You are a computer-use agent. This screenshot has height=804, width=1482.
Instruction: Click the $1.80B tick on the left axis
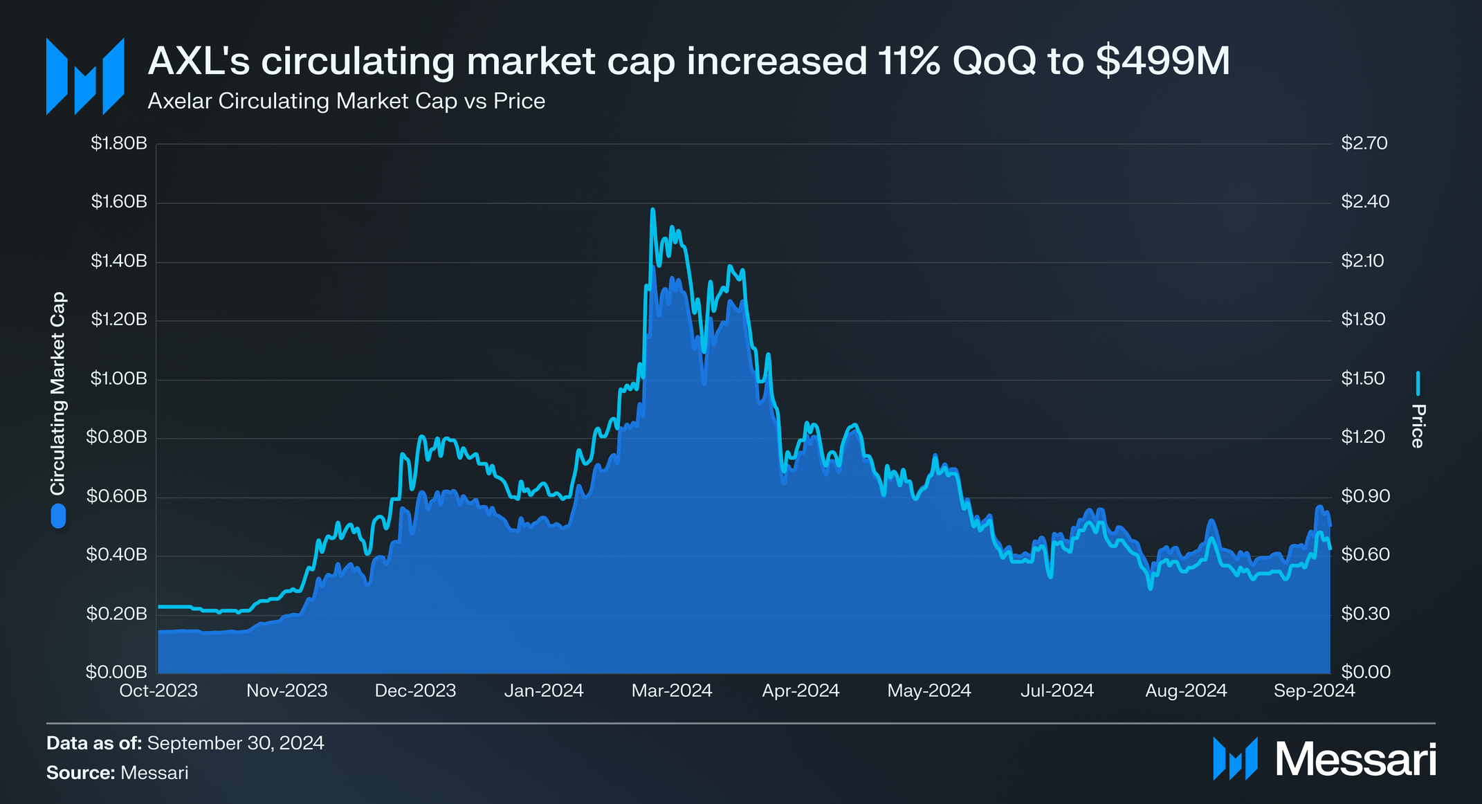tap(119, 144)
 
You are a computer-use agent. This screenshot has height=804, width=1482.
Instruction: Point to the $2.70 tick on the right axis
tap(1364, 143)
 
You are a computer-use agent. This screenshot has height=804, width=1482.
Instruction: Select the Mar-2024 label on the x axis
tap(671, 691)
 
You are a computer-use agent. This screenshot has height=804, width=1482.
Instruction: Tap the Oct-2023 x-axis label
tap(158, 691)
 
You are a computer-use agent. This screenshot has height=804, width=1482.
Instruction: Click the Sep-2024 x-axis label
tap(1314, 691)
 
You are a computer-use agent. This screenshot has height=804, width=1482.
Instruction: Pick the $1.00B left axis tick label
tap(119, 379)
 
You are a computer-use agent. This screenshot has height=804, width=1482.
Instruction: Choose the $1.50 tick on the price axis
tap(1362, 378)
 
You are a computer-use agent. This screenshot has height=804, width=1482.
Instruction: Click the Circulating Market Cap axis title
tap(58, 393)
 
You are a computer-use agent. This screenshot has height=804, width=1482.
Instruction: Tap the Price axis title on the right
tap(1418, 426)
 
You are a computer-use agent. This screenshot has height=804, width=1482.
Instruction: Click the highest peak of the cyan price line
tap(652, 209)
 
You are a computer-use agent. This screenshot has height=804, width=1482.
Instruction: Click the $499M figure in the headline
tap(1163, 61)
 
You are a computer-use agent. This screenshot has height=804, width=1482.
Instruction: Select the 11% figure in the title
tap(909, 61)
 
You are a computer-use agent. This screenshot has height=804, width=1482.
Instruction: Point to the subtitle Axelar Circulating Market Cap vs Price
tap(346, 101)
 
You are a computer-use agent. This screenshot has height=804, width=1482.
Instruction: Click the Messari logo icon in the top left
tap(84, 76)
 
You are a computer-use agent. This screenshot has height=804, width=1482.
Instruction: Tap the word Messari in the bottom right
tap(1355, 759)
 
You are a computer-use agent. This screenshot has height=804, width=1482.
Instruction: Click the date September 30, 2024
tap(235, 743)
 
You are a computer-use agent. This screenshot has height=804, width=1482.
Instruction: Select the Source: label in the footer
tap(80, 773)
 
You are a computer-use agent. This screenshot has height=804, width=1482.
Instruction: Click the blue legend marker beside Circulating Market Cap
tap(58, 516)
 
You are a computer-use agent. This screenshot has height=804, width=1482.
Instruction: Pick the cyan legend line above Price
tap(1418, 383)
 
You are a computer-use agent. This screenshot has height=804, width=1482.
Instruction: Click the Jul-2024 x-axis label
tap(1056, 691)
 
